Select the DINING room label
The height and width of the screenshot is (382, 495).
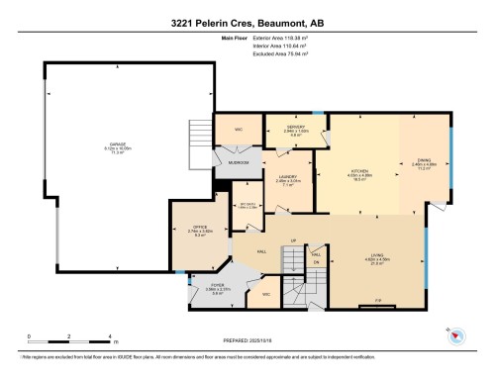tap(423, 164)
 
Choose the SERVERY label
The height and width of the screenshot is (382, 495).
tap(295, 128)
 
